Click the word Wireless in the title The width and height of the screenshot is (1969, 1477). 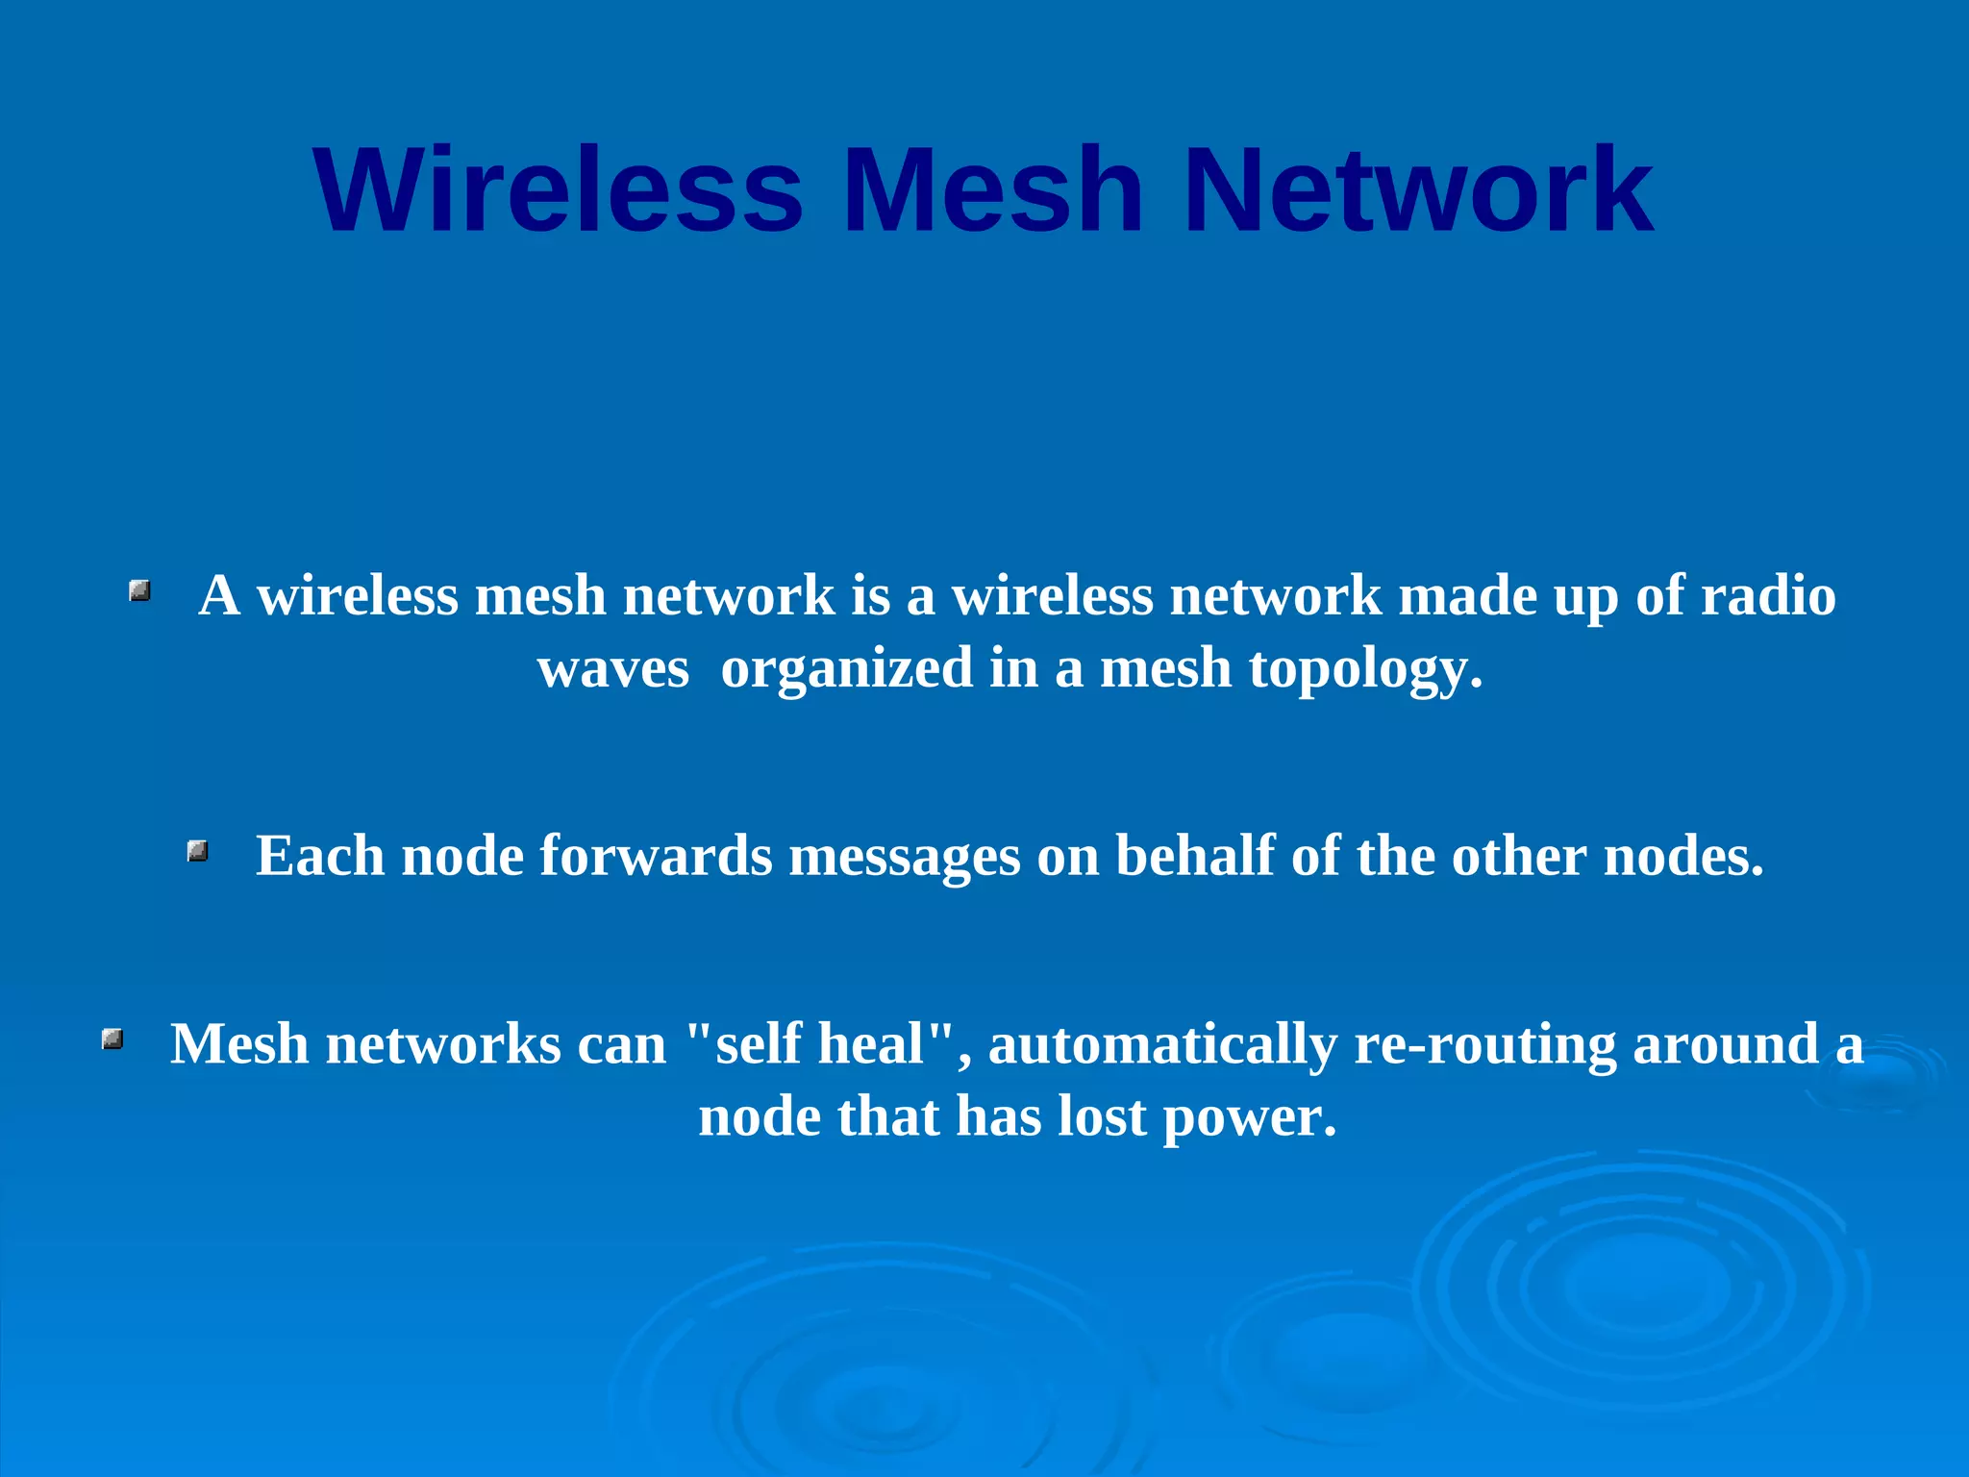[558, 189]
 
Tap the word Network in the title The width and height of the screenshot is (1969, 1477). [1419, 189]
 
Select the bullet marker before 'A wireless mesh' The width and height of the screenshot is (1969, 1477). [140, 590]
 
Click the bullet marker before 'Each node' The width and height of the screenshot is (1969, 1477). [198, 851]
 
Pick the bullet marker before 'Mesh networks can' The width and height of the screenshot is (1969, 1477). [112, 1039]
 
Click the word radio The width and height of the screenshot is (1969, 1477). [1768, 595]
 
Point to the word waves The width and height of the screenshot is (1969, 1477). [613, 668]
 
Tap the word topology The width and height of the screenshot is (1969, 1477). [1365, 670]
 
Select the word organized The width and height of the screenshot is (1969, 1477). [846, 670]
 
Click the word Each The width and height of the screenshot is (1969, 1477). [319, 856]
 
